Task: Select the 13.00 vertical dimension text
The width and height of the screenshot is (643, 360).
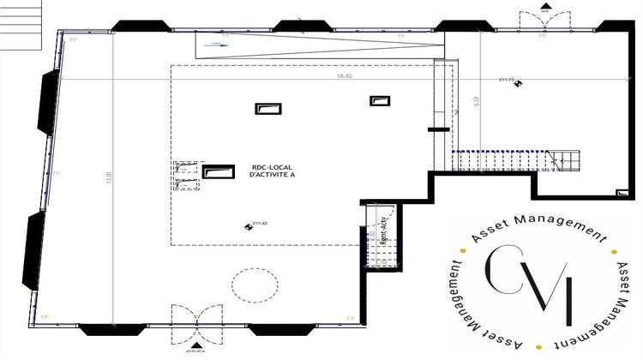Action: [109, 177]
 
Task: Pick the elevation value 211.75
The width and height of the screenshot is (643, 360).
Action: [507, 80]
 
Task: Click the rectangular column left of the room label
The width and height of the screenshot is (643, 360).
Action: [217, 171]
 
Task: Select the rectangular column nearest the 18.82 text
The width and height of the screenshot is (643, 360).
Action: [379, 101]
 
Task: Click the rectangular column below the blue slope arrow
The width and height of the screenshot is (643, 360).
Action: [267, 108]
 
